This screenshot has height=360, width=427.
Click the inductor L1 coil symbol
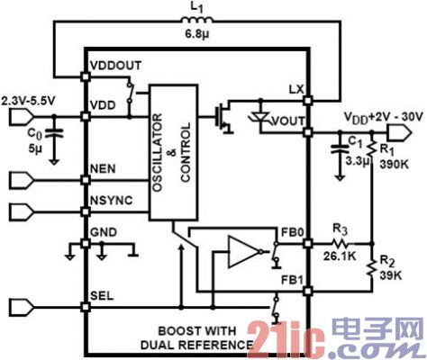point(197,20)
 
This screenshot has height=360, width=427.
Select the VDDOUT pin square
point(86,76)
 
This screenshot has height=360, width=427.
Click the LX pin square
point(307,100)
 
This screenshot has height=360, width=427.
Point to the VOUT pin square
point(307,132)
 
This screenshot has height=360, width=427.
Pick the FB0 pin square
point(307,243)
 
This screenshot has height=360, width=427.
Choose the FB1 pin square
point(307,291)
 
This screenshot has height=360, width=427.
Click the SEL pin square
point(86,307)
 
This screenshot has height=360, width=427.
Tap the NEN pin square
point(86,180)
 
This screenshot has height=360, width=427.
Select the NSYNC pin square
point(86,212)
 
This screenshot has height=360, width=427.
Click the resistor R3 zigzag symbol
point(342,243)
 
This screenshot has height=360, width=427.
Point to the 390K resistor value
point(394,164)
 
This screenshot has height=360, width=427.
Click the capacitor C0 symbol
point(54,133)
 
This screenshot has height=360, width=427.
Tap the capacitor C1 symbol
point(340,149)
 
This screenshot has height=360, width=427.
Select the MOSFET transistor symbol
point(223,117)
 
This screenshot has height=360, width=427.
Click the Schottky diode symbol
point(260,117)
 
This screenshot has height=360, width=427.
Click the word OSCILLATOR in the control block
point(158,152)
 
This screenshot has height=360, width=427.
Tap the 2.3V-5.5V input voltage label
point(28,101)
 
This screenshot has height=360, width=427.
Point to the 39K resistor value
point(390,275)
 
